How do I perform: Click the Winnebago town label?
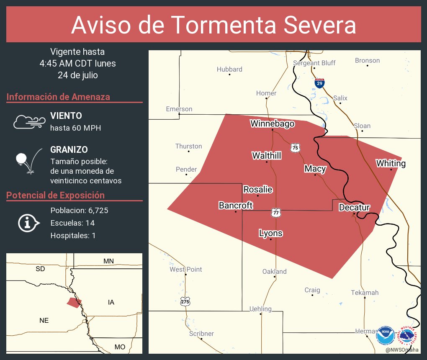[x=272, y=123]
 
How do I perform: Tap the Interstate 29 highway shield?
[x=319, y=83]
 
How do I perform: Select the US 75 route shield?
[x=296, y=147]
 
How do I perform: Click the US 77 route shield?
[x=275, y=212]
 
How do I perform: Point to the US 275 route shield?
[x=185, y=301]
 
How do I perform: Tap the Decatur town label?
[x=354, y=207]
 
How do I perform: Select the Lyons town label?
[x=270, y=233]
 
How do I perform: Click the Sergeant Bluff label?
[x=314, y=63]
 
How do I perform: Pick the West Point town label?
[x=185, y=269]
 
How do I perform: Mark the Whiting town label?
[x=391, y=163]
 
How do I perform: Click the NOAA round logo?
[x=384, y=335]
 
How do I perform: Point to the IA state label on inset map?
[x=111, y=302]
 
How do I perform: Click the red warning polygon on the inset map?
[x=73, y=303]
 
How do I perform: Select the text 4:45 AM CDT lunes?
[x=77, y=64]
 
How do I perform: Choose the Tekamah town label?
[x=364, y=292]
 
